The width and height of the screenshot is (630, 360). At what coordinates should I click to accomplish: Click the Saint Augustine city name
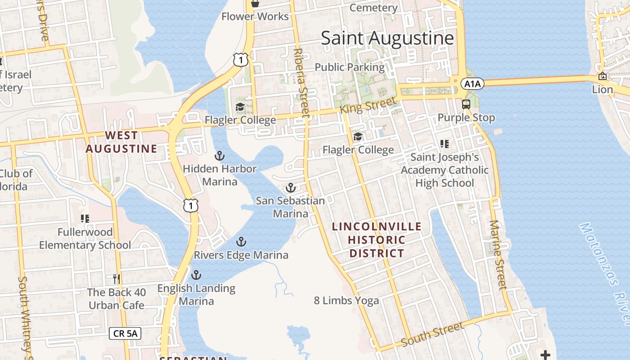pos(387,38)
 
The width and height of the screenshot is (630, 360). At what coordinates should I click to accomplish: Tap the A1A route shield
pos(472,84)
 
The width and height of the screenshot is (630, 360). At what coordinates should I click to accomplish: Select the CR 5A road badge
pos(125,333)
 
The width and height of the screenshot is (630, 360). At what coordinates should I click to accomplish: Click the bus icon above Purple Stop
pos(466,104)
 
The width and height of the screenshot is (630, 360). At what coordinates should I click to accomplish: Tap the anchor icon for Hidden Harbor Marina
pos(219,156)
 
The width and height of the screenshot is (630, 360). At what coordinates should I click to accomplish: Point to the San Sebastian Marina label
pos(290,207)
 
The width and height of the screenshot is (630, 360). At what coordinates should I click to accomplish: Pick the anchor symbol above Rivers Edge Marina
pos(241,242)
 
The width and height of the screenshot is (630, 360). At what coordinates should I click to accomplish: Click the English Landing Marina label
pos(196,294)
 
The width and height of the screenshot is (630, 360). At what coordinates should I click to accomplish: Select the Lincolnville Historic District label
pos(377,240)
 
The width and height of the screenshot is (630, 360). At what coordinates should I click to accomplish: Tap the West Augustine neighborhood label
pos(121,142)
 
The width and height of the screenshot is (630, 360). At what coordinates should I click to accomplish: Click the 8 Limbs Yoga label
pos(346,300)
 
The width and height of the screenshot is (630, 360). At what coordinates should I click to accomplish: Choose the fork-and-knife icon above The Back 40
pos(117,279)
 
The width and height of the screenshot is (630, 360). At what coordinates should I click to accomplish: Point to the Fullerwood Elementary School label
pos(85,238)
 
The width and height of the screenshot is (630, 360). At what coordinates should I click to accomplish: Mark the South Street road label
pos(432,334)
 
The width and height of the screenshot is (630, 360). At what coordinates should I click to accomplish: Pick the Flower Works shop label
pos(255,17)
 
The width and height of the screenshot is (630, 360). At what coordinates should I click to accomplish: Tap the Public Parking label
pos(350,67)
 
